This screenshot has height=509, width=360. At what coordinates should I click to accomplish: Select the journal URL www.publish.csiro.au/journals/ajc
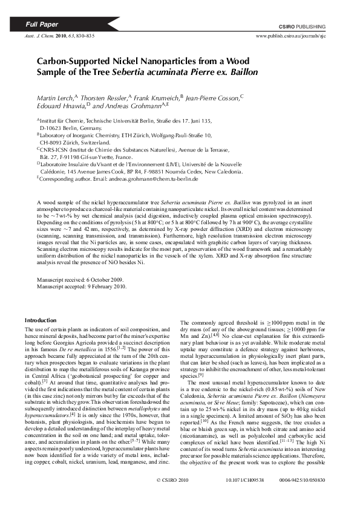coord(291,36)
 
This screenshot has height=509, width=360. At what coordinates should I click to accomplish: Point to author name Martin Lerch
coord(54,97)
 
